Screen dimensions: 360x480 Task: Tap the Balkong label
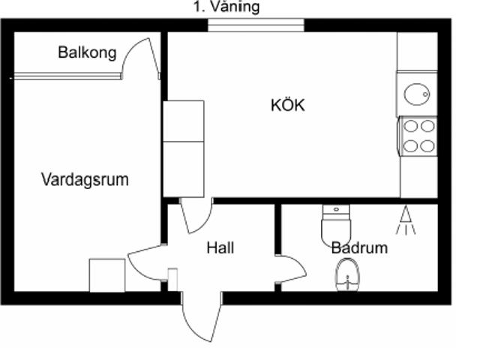(87, 52)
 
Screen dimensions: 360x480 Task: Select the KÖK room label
(288, 105)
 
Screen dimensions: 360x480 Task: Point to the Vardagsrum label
(84, 180)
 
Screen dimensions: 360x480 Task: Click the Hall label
(220, 247)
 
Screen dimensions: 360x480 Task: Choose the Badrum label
(359, 247)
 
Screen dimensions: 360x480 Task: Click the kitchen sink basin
(416, 94)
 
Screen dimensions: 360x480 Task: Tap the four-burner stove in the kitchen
(418, 136)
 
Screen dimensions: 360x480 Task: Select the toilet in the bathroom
(335, 225)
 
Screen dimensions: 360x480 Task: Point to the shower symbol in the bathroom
(406, 220)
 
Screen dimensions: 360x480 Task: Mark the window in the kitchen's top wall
(256, 25)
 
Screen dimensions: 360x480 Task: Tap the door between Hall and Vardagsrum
(146, 262)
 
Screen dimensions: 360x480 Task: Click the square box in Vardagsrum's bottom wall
(106, 274)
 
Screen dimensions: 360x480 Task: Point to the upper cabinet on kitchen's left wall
(184, 120)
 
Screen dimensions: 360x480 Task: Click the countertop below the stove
(418, 177)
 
